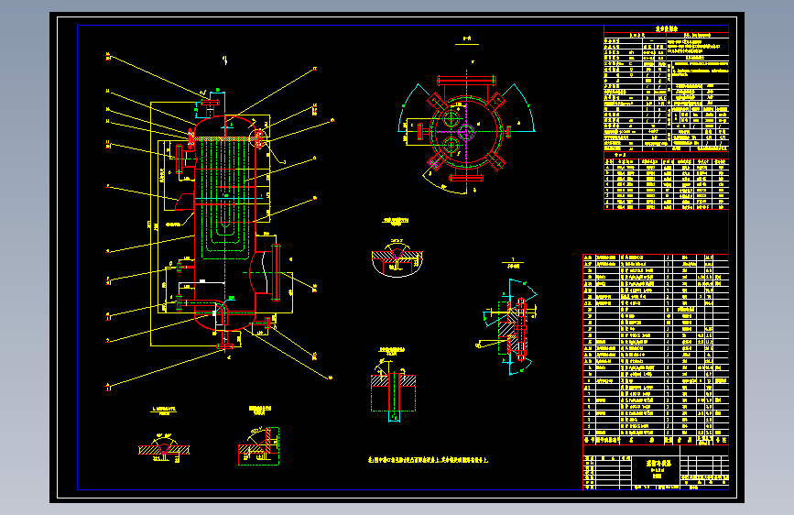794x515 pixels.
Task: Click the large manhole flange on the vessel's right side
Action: pyautogui.click(x=275, y=272)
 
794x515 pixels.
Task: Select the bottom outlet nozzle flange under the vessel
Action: pyautogui.click(x=226, y=346)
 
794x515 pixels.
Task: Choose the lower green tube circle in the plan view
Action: pyautogui.click(x=451, y=144)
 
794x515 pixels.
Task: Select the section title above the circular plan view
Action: pyautogui.click(x=466, y=39)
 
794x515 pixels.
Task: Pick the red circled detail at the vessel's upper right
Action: pyautogui.click(x=259, y=138)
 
